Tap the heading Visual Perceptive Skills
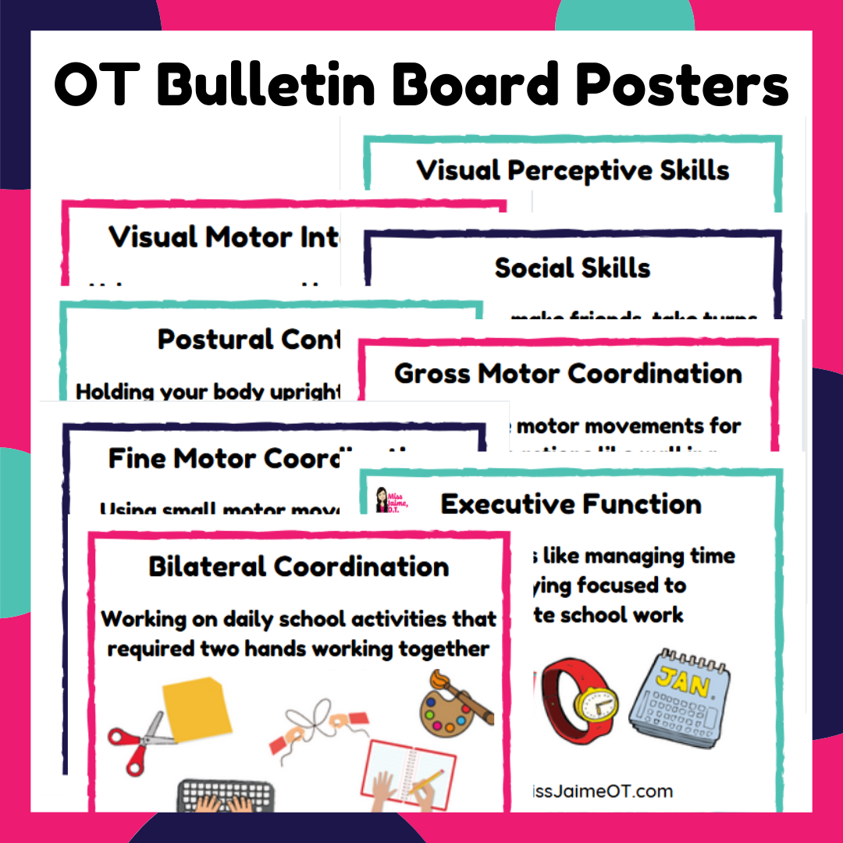[x=573, y=170]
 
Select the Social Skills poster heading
[x=572, y=268]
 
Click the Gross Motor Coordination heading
[x=568, y=373]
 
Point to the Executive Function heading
[x=571, y=504]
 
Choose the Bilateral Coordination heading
[x=299, y=566]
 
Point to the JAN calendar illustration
[x=679, y=695]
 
